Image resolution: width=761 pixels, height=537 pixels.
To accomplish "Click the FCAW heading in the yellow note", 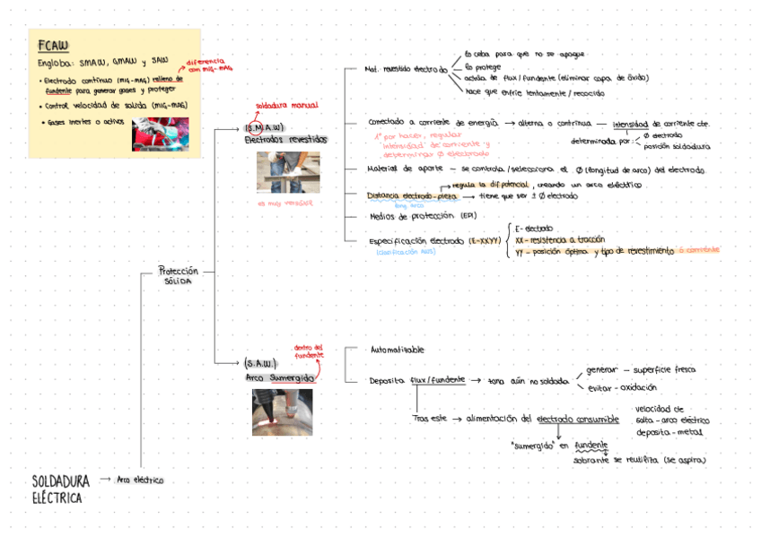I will (x=53, y=46).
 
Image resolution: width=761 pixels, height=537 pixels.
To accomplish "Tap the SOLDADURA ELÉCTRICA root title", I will (x=60, y=489).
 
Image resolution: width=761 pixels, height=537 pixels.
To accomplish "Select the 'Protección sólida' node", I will (x=177, y=274).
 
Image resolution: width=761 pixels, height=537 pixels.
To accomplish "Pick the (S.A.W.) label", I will (x=259, y=363).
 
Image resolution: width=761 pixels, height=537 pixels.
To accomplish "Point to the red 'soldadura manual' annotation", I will (x=286, y=106).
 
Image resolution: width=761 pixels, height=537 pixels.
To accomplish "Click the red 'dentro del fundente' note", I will (x=309, y=351).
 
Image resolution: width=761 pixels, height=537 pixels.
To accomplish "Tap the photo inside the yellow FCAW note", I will (x=160, y=134).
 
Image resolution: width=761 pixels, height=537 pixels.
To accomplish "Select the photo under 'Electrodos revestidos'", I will (x=288, y=171).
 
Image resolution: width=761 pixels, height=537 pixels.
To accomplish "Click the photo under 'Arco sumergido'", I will (x=282, y=411).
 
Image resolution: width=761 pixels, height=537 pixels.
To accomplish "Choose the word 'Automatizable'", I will (x=397, y=350).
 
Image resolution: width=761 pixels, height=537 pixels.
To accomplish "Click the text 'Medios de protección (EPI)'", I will (x=423, y=216).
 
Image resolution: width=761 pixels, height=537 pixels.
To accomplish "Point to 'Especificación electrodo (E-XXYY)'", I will (x=434, y=241).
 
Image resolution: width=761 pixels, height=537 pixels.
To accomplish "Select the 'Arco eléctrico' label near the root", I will (x=140, y=480).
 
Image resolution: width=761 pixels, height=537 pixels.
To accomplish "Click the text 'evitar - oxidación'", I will (x=622, y=387).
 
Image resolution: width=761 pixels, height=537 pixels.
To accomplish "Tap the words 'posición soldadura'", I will (x=677, y=146).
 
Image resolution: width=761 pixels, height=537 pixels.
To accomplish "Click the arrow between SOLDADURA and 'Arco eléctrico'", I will (x=105, y=480).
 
